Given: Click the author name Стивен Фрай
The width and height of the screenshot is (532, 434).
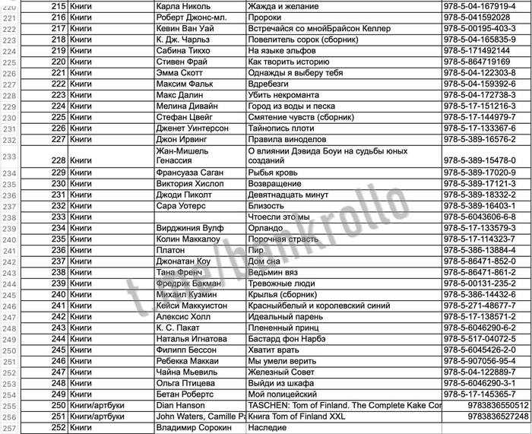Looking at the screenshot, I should click(x=181, y=62).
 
